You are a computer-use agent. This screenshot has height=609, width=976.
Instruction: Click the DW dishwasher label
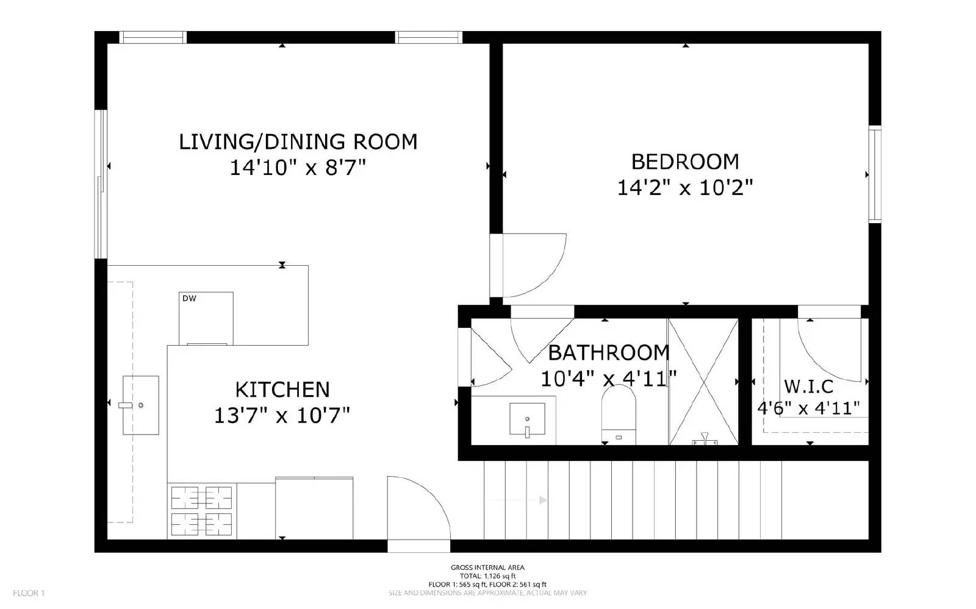[x=189, y=298]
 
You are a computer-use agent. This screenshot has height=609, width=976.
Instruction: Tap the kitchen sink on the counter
[x=140, y=405]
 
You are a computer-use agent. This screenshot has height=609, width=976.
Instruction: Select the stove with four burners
[x=201, y=511]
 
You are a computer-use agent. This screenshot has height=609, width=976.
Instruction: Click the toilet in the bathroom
[x=619, y=414]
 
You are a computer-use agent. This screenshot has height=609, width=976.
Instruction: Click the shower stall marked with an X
[x=703, y=381]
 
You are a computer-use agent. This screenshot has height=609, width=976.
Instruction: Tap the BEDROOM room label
[x=684, y=162]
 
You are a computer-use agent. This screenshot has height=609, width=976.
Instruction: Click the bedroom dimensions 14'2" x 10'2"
[x=684, y=187]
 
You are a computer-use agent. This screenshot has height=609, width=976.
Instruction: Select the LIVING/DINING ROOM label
[x=298, y=141]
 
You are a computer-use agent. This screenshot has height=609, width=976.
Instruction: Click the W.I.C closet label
[x=808, y=386]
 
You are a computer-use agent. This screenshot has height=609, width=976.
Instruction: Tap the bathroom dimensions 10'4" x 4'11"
[x=608, y=379]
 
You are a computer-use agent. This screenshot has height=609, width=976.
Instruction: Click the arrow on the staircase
[x=542, y=500]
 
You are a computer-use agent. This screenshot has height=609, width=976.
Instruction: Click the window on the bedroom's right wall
[x=875, y=173]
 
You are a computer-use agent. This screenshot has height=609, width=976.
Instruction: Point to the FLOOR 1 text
[x=29, y=593]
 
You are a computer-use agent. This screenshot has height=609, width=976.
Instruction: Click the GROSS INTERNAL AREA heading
[x=487, y=568]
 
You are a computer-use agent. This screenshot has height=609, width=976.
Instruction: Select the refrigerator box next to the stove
[x=314, y=508]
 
